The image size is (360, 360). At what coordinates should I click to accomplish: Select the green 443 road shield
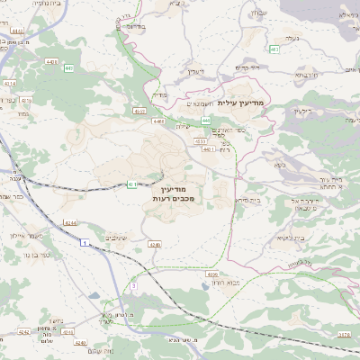[x=206, y=120]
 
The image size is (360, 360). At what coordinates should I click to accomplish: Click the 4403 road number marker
[x=51, y=62]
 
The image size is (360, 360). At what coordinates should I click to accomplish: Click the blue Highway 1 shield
[x=83, y=244]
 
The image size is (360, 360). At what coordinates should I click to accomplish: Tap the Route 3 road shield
[x=133, y=285]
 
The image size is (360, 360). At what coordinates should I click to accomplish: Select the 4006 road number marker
[x=212, y=274]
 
